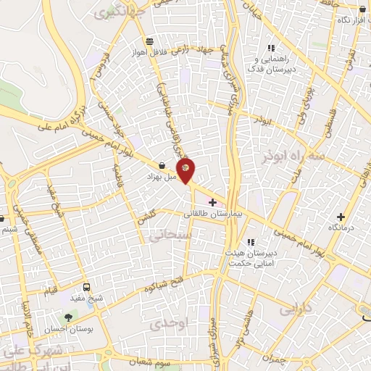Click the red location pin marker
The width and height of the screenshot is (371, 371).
point(186,169)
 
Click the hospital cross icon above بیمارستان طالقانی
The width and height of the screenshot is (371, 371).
point(212,202)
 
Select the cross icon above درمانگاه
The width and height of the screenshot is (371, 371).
point(341,216)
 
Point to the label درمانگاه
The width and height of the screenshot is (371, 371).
point(341,228)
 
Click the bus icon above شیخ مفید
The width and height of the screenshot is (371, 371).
point(87,287)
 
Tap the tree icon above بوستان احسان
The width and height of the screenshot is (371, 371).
point(70,317)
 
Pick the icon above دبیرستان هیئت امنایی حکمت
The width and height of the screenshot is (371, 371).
point(251,242)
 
